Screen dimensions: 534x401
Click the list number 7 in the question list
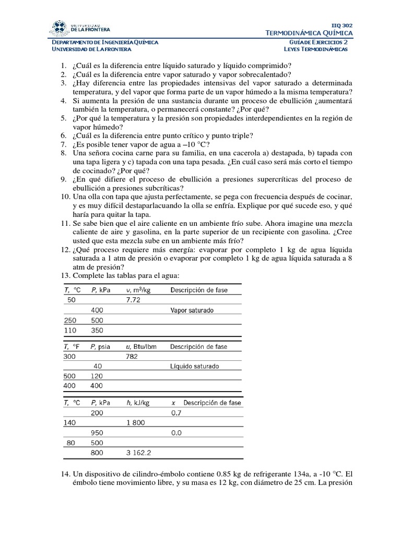[64, 144]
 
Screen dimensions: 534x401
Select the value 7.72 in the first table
[134, 300]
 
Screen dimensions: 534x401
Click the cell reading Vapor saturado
[192, 310]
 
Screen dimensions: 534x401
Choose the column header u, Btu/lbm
[141, 346]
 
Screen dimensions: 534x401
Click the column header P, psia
[101, 346]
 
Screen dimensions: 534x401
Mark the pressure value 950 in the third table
[98, 433]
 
